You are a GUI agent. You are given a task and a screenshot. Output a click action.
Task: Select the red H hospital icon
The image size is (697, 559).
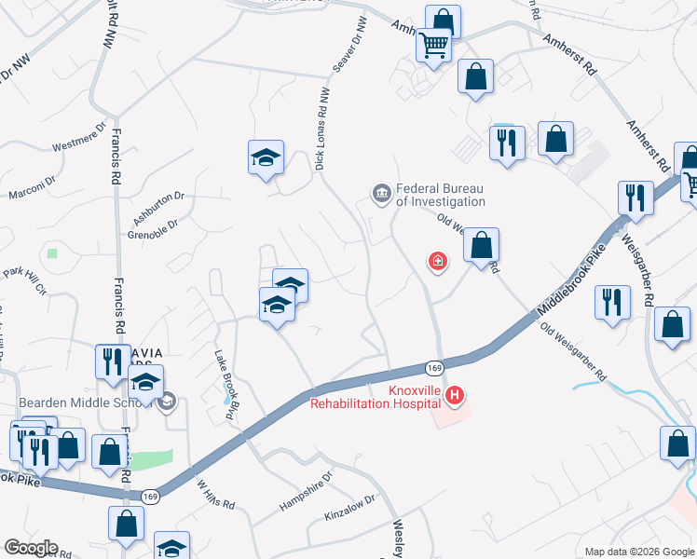[x=455, y=396]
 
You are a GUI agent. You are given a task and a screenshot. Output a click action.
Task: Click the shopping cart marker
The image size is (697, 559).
[x=434, y=44]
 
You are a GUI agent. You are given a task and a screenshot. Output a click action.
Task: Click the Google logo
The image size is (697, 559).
[x=30, y=548]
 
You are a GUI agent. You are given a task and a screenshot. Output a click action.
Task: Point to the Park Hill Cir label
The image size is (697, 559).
[x=25, y=277]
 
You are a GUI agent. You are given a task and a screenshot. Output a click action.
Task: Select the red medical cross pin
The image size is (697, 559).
[x=437, y=262]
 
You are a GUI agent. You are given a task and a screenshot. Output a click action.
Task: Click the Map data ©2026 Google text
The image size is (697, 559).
[x=639, y=552]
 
